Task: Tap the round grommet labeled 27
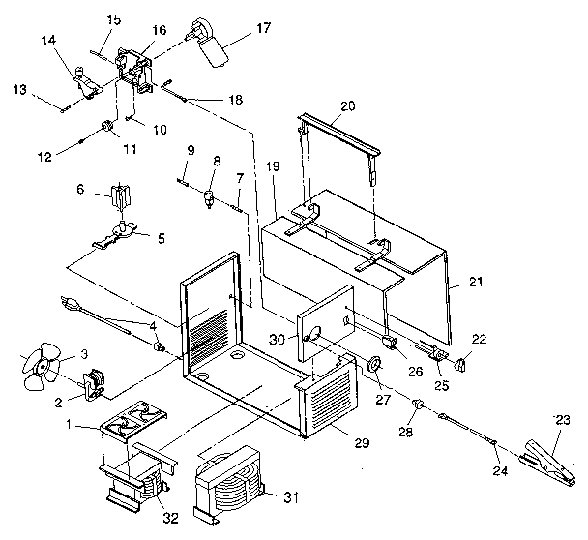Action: pyautogui.click(x=372, y=366)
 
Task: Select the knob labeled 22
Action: pyautogui.click(x=462, y=365)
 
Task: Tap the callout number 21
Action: pyautogui.click(x=475, y=282)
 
